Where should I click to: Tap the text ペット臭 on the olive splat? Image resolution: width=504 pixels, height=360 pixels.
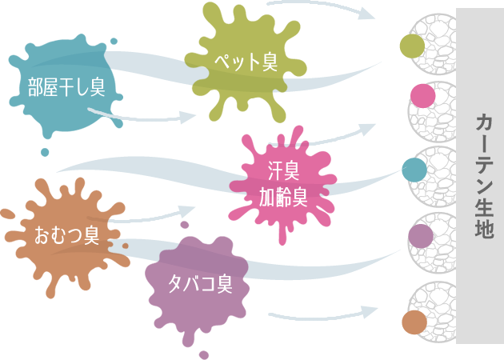[246, 62]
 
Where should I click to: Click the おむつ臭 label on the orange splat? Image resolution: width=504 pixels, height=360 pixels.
[66, 235]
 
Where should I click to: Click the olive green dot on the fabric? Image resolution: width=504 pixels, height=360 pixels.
[412, 46]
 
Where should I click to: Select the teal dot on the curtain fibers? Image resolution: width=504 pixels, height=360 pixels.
[414, 170]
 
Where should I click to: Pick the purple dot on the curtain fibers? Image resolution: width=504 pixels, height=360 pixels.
[420, 235]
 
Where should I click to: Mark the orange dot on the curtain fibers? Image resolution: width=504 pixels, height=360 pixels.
[414, 322]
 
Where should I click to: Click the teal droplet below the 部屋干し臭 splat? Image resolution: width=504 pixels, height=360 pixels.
[45, 152]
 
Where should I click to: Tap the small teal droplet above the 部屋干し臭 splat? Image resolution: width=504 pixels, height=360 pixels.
[114, 41]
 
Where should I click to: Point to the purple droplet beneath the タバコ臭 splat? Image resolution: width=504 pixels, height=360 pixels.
[204, 354]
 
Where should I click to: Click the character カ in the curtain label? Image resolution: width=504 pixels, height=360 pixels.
[484, 122]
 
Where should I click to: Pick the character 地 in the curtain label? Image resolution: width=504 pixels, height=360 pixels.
[484, 230]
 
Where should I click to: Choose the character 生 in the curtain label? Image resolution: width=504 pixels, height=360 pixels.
[484, 209]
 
